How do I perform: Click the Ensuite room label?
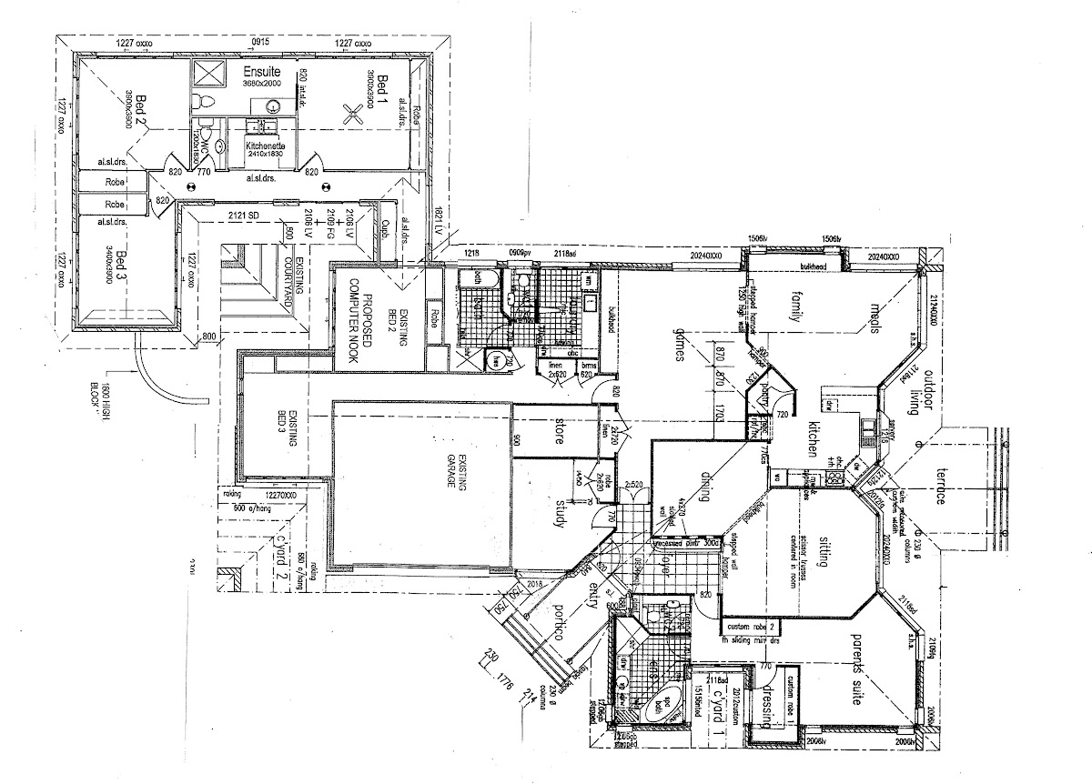pos(261,71)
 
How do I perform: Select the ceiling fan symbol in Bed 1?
pos(352,114)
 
